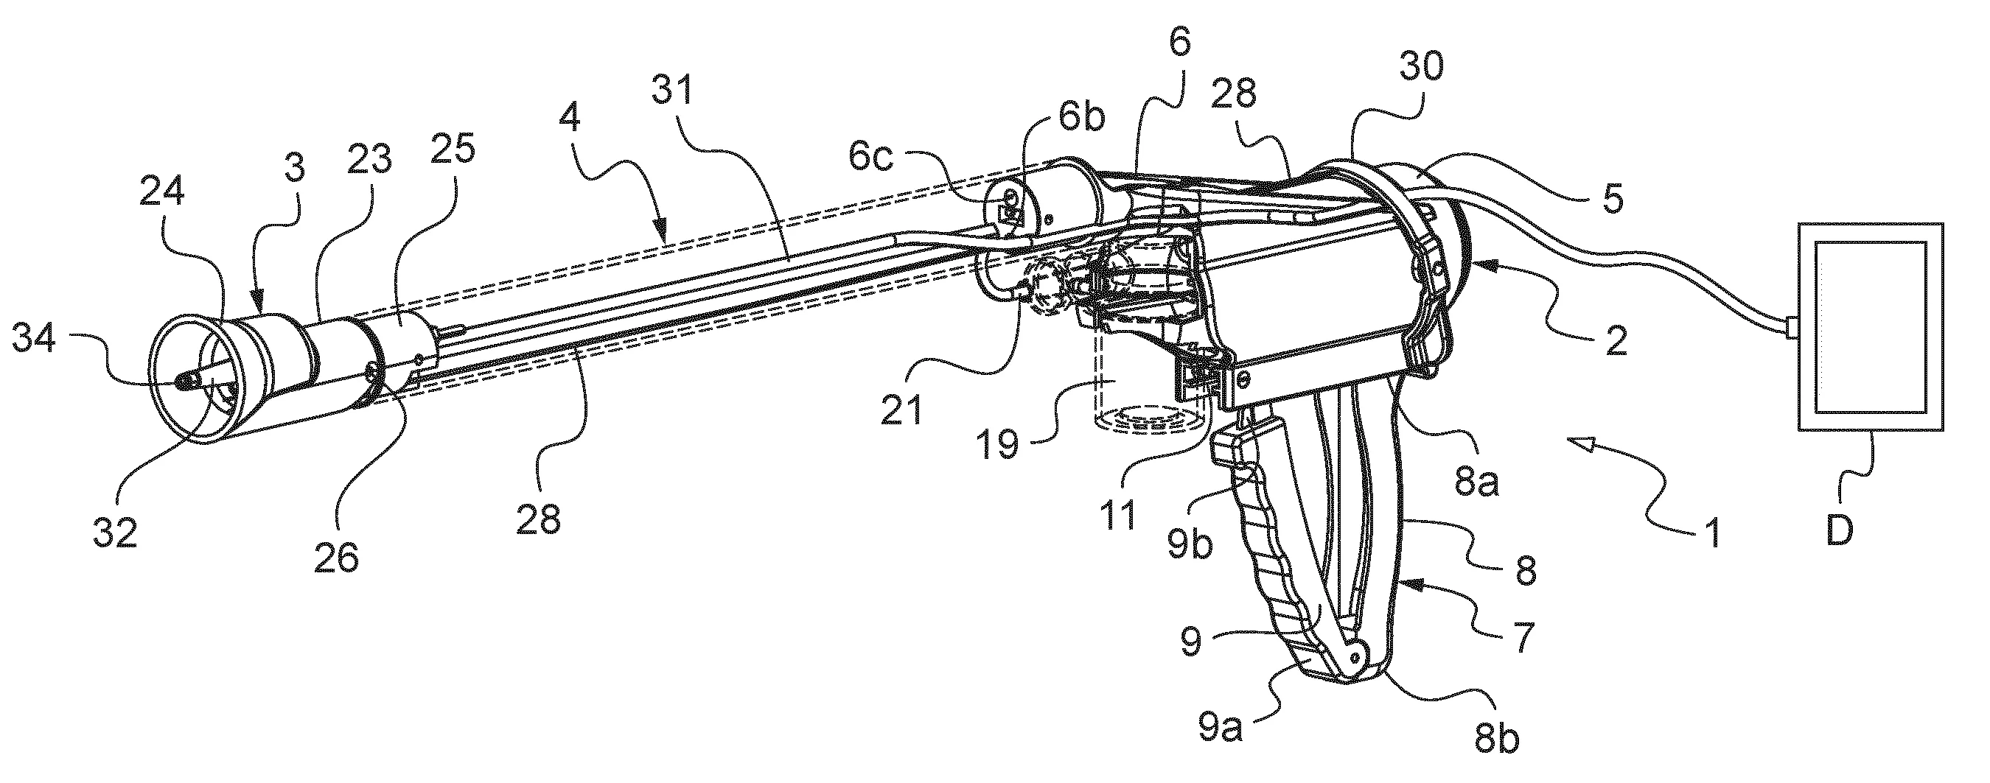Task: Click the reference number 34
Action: click(33, 340)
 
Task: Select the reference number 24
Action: click(162, 193)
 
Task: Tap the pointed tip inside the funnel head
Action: click(181, 381)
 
